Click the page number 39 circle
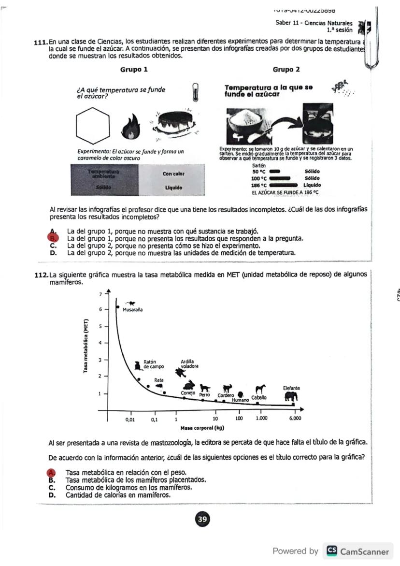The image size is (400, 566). click(202, 520)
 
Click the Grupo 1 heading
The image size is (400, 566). click(134, 70)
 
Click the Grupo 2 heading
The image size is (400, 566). click(286, 70)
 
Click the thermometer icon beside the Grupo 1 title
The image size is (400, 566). click(195, 90)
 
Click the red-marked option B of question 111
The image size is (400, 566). click(54, 238)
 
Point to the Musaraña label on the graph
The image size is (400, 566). click(132, 310)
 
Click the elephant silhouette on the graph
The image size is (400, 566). click(291, 396)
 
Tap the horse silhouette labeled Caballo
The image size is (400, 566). click(261, 389)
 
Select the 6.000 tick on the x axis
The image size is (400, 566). click(295, 419)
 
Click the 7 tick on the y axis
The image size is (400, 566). click(100, 293)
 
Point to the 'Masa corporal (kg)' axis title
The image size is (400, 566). click(202, 428)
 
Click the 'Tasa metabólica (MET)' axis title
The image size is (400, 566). click(86, 346)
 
